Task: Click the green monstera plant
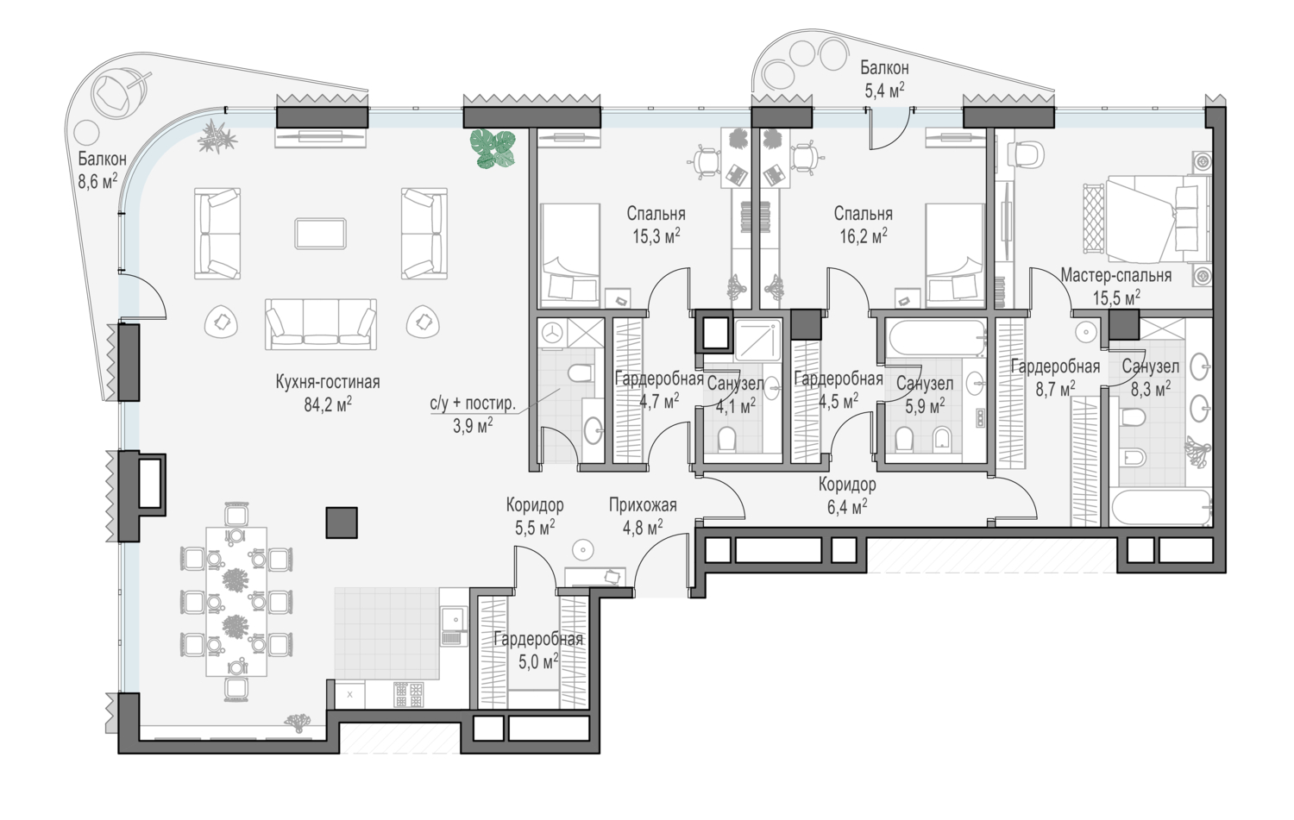(493, 148)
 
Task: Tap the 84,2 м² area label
(328, 404)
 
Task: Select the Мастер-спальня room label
(1116, 275)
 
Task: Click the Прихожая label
(643, 505)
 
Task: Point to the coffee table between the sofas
(321, 234)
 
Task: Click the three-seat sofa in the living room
(321, 323)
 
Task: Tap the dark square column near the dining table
(342, 523)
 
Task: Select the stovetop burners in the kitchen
(408, 695)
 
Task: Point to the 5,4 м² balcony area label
(884, 91)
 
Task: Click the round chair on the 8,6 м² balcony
(118, 93)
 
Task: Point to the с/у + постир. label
(473, 403)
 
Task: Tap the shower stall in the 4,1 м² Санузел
(757, 340)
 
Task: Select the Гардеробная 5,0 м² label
(538, 650)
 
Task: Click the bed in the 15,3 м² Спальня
(569, 255)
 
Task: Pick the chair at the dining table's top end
(236, 515)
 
